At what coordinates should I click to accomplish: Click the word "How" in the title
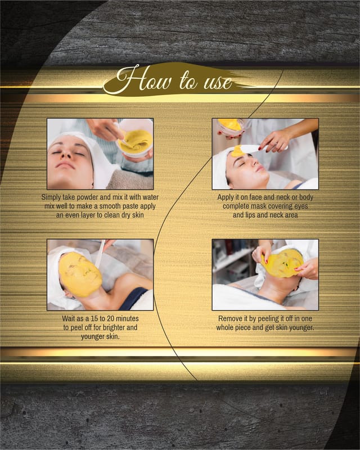tap(144, 79)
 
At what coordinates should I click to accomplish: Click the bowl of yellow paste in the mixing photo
tap(135, 139)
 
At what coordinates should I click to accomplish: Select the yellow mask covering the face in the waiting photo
tap(80, 274)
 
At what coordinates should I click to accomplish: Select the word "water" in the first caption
tap(150, 197)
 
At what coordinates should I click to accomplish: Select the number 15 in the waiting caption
tap(94, 318)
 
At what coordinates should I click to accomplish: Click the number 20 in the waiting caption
tap(110, 318)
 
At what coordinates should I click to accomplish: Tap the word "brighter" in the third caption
tap(114, 327)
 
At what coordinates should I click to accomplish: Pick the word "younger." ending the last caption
tap(301, 328)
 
